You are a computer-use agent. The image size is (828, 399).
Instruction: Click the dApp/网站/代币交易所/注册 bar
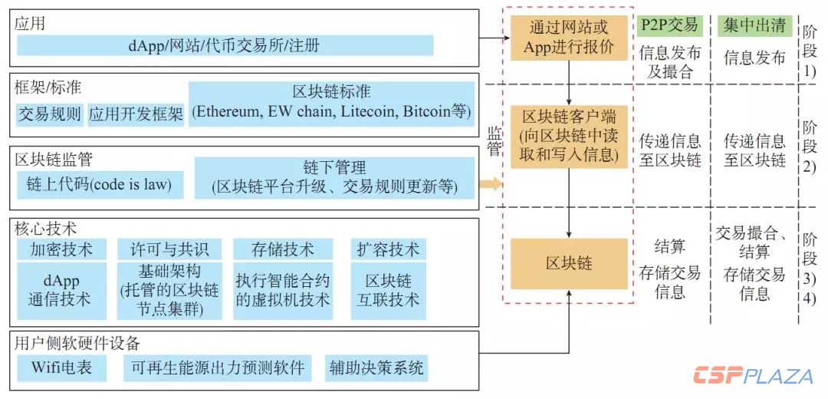(x=225, y=45)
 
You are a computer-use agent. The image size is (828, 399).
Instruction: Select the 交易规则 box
(x=49, y=115)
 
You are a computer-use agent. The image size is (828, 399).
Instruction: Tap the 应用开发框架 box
(x=136, y=115)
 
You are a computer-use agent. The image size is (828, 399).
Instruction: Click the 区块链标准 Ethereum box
(x=331, y=101)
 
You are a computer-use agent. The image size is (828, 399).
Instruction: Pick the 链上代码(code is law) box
(x=99, y=185)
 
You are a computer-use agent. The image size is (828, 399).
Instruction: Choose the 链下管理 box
(x=334, y=177)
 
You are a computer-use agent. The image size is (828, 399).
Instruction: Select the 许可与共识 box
(x=169, y=249)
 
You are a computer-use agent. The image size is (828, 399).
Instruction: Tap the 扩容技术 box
(x=388, y=249)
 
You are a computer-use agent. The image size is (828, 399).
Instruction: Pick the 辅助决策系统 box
(x=376, y=368)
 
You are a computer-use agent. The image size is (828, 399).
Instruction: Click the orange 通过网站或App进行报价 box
(x=569, y=37)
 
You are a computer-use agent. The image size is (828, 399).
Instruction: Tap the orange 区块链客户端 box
(x=569, y=136)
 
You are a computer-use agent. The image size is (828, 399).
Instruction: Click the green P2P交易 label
(x=670, y=25)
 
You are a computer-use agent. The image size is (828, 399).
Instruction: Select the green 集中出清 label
(x=754, y=25)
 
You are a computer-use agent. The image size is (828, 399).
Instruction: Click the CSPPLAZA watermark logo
(x=752, y=376)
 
